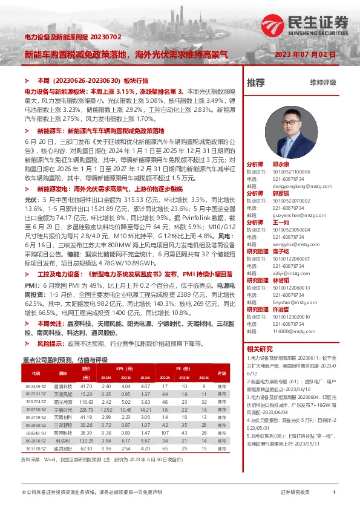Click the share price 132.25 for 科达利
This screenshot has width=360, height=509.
click(x=86, y=441)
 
